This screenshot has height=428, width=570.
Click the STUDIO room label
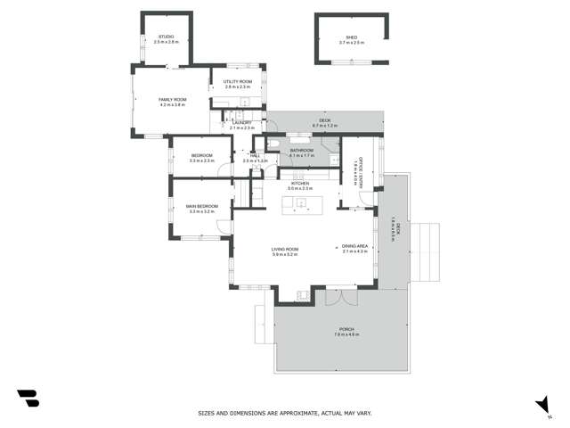167,37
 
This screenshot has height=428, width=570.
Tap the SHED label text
352,37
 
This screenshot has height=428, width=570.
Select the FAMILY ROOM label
173,99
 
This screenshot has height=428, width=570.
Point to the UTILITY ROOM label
239,82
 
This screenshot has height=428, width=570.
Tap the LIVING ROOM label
285,249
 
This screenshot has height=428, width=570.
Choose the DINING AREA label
355,246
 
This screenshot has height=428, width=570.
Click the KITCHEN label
299,183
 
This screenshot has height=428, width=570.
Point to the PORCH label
346,329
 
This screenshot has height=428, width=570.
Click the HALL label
255,156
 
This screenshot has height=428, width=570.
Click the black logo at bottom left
28,398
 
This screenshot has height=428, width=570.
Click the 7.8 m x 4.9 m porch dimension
346,334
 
